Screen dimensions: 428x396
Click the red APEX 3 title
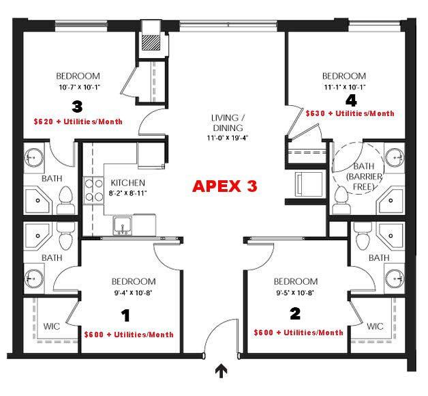point(225,186)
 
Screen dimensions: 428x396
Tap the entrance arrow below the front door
point(221,371)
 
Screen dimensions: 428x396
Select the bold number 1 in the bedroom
point(125,315)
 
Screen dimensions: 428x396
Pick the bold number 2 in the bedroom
point(295,313)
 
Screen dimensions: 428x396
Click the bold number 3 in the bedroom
point(77,107)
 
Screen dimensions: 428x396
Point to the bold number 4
point(351,100)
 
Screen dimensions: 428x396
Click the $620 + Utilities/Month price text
point(78,122)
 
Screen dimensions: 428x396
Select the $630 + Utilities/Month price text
point(350,113)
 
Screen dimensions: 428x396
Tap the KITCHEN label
point(127,183)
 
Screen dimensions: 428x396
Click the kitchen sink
point(123,226)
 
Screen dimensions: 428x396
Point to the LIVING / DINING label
point(228,123)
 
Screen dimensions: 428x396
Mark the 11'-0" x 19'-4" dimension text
point(227,138)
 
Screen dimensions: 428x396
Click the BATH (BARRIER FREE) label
point(364,176)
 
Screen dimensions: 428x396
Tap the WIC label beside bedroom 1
point(52,326)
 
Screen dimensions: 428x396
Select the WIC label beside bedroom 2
point(375,326)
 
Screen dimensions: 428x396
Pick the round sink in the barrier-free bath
point(395,158)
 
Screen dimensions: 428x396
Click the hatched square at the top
point(151,42)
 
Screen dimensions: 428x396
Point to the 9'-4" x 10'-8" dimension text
point(133,293)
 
